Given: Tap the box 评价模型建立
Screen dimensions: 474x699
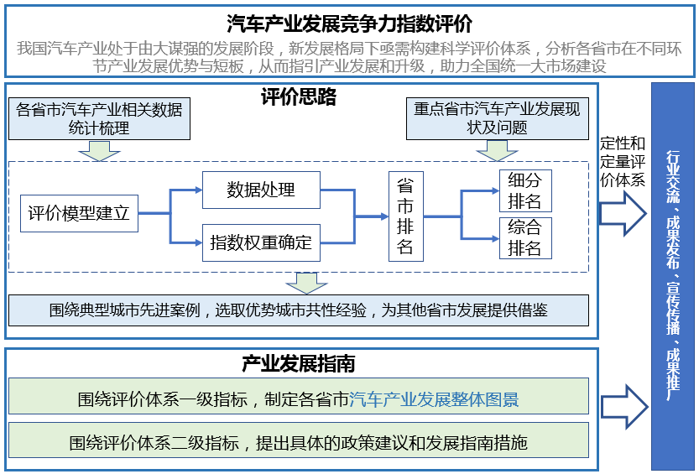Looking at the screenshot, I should click(79, 213).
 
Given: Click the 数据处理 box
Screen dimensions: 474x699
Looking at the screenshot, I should click(260, 190).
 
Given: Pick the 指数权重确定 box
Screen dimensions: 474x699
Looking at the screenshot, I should click(260, 242).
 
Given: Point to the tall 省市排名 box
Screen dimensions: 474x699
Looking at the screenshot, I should click(405, 216).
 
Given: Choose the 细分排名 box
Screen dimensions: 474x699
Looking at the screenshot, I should click(524, 190).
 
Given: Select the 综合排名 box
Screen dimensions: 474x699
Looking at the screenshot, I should click(524, 237).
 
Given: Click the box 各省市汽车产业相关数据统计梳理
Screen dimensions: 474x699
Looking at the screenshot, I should click(99, 119).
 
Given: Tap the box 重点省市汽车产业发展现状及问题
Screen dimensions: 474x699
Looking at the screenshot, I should click(496, 119).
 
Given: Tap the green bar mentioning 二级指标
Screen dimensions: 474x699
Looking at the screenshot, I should click(298, 442).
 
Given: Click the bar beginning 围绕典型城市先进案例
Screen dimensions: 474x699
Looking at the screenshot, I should click(298, 310).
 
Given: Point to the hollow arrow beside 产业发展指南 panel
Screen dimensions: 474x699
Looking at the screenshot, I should click(623, 404).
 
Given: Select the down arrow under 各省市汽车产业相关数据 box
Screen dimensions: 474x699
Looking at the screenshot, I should click(99, 150).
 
